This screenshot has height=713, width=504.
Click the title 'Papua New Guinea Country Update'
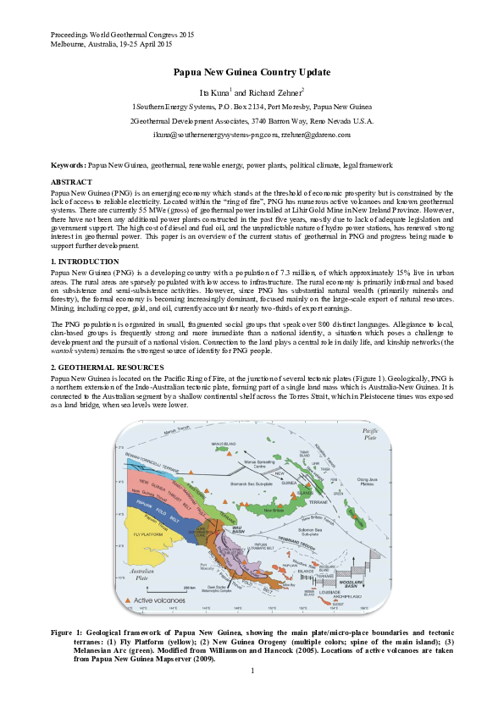pyautogui.click(x=252, y=74)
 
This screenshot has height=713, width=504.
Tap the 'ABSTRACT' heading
pyautogui.click(x=71, y=182)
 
